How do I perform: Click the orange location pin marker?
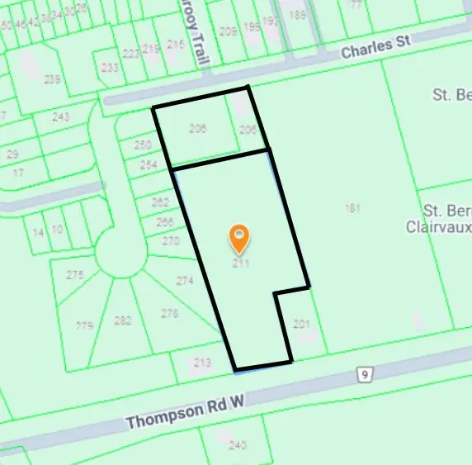click(x=239, y=239)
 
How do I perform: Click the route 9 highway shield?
click(x=364, y=375)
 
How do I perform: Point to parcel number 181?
click(x=353, y=209)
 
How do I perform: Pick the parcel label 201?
click(x=301, y=324)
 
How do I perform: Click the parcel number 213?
click(x=203, y=362)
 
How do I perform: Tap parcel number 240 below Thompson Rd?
click(x=238, y=445)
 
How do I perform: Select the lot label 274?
click(x=185, y=281)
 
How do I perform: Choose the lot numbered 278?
click(x=170, y=313)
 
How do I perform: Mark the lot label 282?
click(x=123, y=320)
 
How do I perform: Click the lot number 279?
click(x=84, y=325)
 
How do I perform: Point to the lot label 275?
click(x=75, y=274)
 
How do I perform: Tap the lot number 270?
click(x=171, y=241)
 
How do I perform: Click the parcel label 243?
click(x=60, y=117)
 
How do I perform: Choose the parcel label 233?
click(x=109, y=68)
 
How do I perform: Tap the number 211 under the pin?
click(x=240, y=263)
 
